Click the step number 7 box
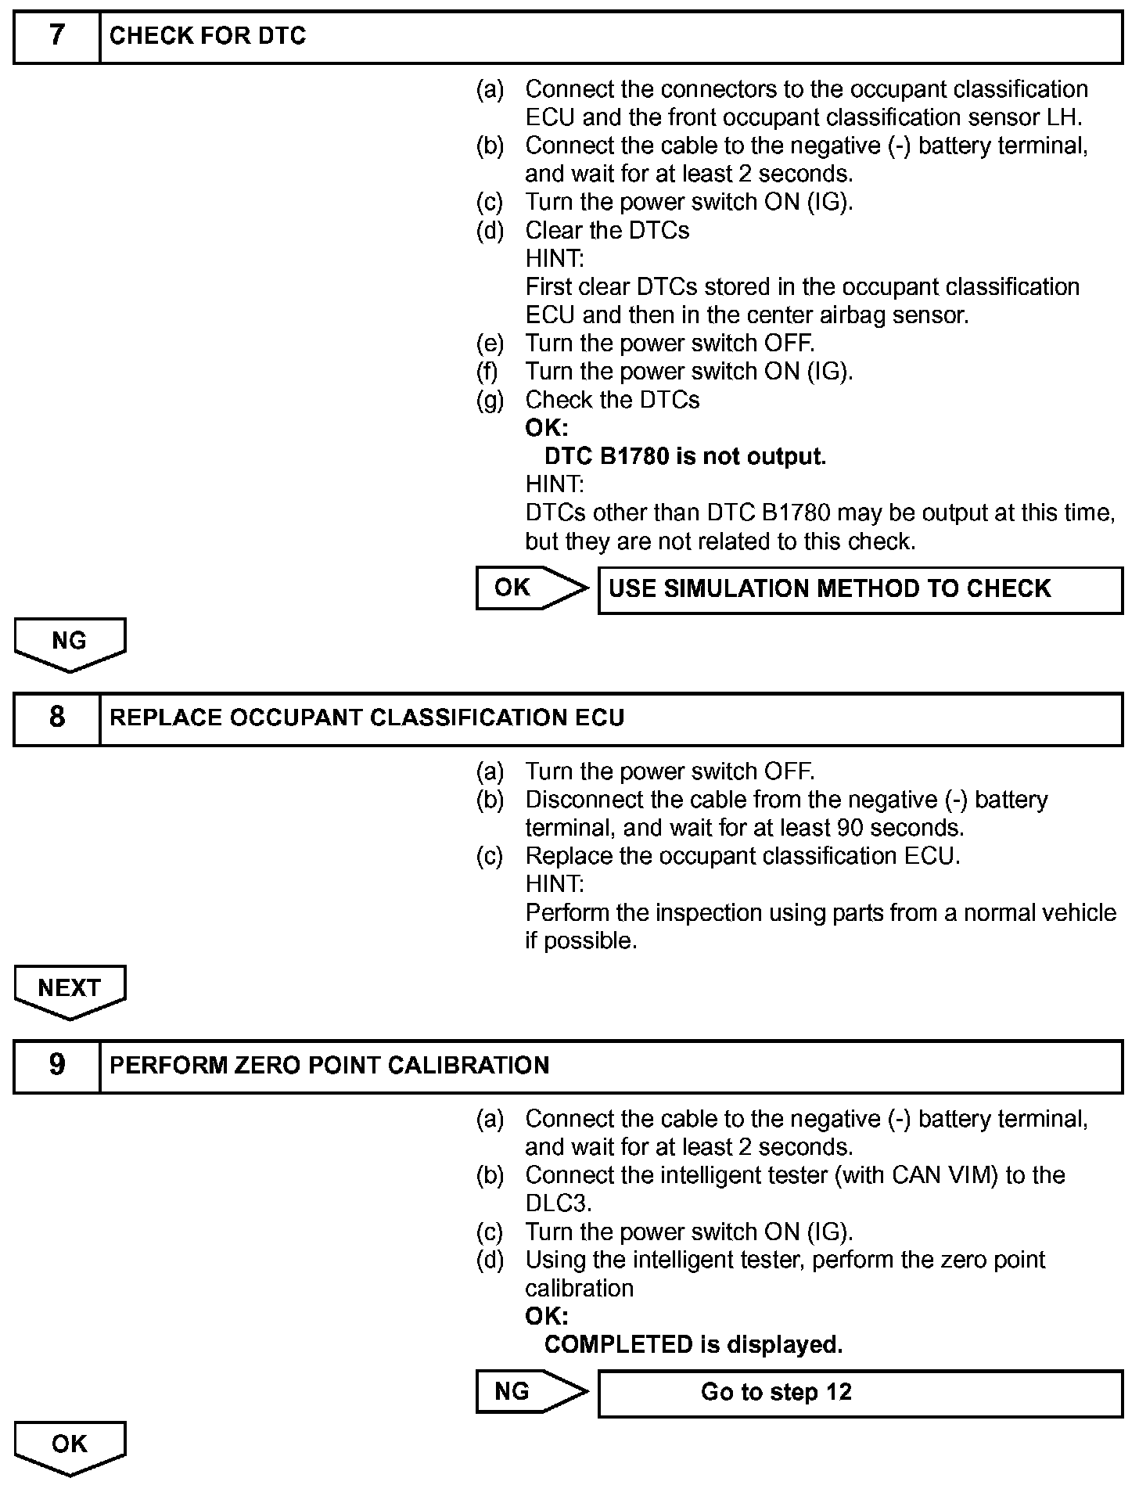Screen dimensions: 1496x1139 pos(56,36)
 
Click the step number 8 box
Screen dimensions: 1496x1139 pos(56,717)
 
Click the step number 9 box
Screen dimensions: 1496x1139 pos(56,1065)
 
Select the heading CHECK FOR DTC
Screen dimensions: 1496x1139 pos(207,36)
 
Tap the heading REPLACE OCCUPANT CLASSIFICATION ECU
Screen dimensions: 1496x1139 pos(367,717)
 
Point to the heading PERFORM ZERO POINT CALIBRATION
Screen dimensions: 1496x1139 pos(329,1065)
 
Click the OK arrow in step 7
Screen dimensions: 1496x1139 pos(530,588)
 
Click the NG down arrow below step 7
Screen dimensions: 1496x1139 pos(70,643)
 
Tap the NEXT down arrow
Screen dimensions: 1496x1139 pos(70,991)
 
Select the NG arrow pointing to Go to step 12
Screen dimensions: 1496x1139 pos(530,1391)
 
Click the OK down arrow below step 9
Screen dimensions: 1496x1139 pos(70,1447)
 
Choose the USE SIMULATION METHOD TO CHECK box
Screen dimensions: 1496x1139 pos(860,589)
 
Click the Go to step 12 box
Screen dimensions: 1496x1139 pos(860,1393)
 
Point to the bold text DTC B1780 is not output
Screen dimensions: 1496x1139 pos(685,456)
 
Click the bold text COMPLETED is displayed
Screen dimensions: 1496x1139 pos(693,1344)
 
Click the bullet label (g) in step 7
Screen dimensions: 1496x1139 pos(490,400)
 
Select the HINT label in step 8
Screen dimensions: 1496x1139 pos(555,884)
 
